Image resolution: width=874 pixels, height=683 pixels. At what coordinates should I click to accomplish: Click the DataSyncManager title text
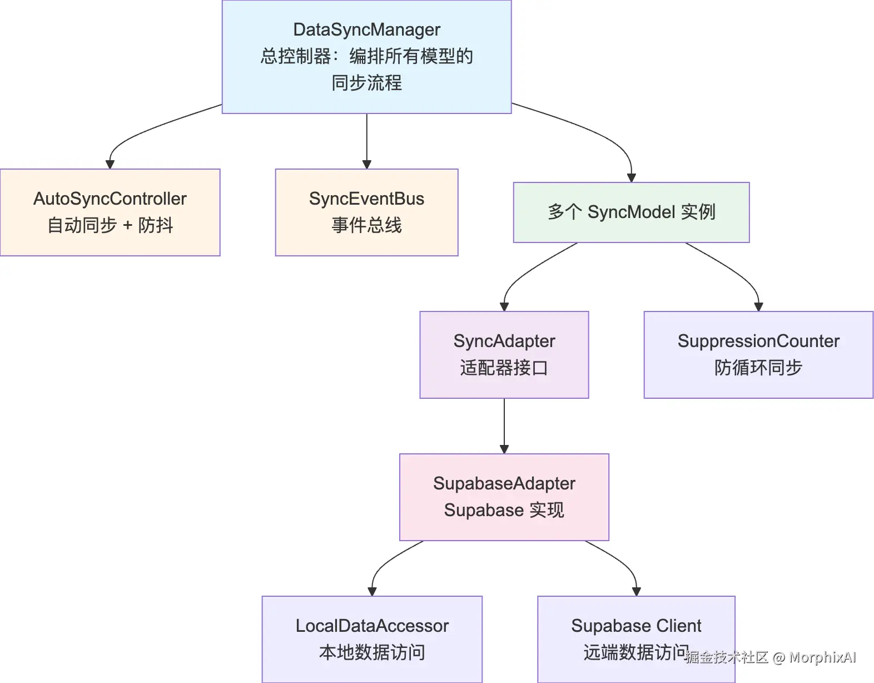(x=366, y=29)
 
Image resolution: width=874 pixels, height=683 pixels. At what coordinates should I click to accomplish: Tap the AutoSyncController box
(x=110, y=212)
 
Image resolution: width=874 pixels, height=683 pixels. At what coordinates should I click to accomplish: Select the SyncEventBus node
(x=366, y=212)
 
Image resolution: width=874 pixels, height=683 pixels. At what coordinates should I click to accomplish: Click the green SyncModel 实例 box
(x=631, y=212)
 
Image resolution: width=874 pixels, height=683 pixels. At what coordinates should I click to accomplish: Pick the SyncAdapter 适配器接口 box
(x=504, y=354)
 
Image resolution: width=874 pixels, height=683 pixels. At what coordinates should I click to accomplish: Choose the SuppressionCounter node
(x=758, y=354)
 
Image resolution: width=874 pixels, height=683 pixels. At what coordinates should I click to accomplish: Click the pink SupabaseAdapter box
(x=504, y=497)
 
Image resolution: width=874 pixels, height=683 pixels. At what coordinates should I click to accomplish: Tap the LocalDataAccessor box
(x=372, y=639)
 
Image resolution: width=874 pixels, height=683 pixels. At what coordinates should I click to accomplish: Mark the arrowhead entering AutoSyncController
(x=110, y=164)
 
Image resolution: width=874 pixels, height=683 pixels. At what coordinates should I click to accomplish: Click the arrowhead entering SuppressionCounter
(x=758, y=306)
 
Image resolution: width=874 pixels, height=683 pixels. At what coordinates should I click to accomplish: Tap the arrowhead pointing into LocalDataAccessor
(x=372, y=591)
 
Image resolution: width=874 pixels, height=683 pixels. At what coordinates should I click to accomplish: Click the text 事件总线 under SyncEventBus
(x=366, y=225)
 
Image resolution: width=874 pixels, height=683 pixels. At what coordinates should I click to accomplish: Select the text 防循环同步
(x=758, y=368)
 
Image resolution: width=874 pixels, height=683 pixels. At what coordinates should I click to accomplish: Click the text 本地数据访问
(x=372, y=652)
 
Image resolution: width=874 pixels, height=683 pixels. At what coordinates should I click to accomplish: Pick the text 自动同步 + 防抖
(x=110, y=225)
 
